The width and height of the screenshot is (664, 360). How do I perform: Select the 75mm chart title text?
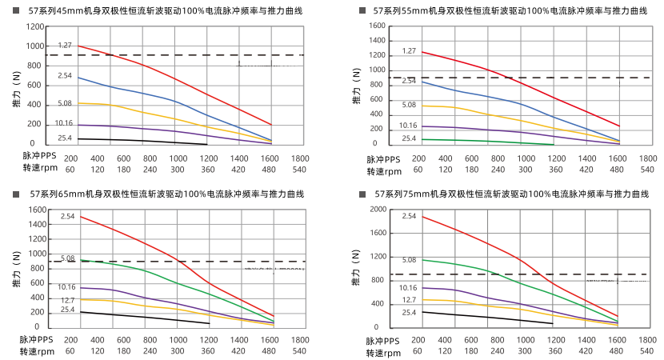tap(511, 194)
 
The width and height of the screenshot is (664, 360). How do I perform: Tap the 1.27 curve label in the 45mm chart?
tap(65, 46)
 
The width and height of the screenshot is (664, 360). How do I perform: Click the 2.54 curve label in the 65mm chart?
tap(67, 216)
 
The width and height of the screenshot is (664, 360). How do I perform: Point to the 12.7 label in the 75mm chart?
tap(408, 299)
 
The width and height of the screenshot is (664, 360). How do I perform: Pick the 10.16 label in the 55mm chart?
tap(408, 126)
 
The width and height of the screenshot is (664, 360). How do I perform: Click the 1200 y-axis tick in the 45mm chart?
tap(34, 26)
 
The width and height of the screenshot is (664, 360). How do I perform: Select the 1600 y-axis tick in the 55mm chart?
tap(376, 26)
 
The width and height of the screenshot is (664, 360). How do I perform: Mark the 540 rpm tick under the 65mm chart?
tap(299, 351)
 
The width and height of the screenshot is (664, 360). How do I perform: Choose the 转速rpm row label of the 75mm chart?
tap(383, 351)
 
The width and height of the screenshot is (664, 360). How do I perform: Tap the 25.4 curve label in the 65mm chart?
tap(67, 310)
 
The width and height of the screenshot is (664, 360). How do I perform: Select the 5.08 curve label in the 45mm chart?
tap(65, 103)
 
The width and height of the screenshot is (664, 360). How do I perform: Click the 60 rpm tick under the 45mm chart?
tap(70, 170)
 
